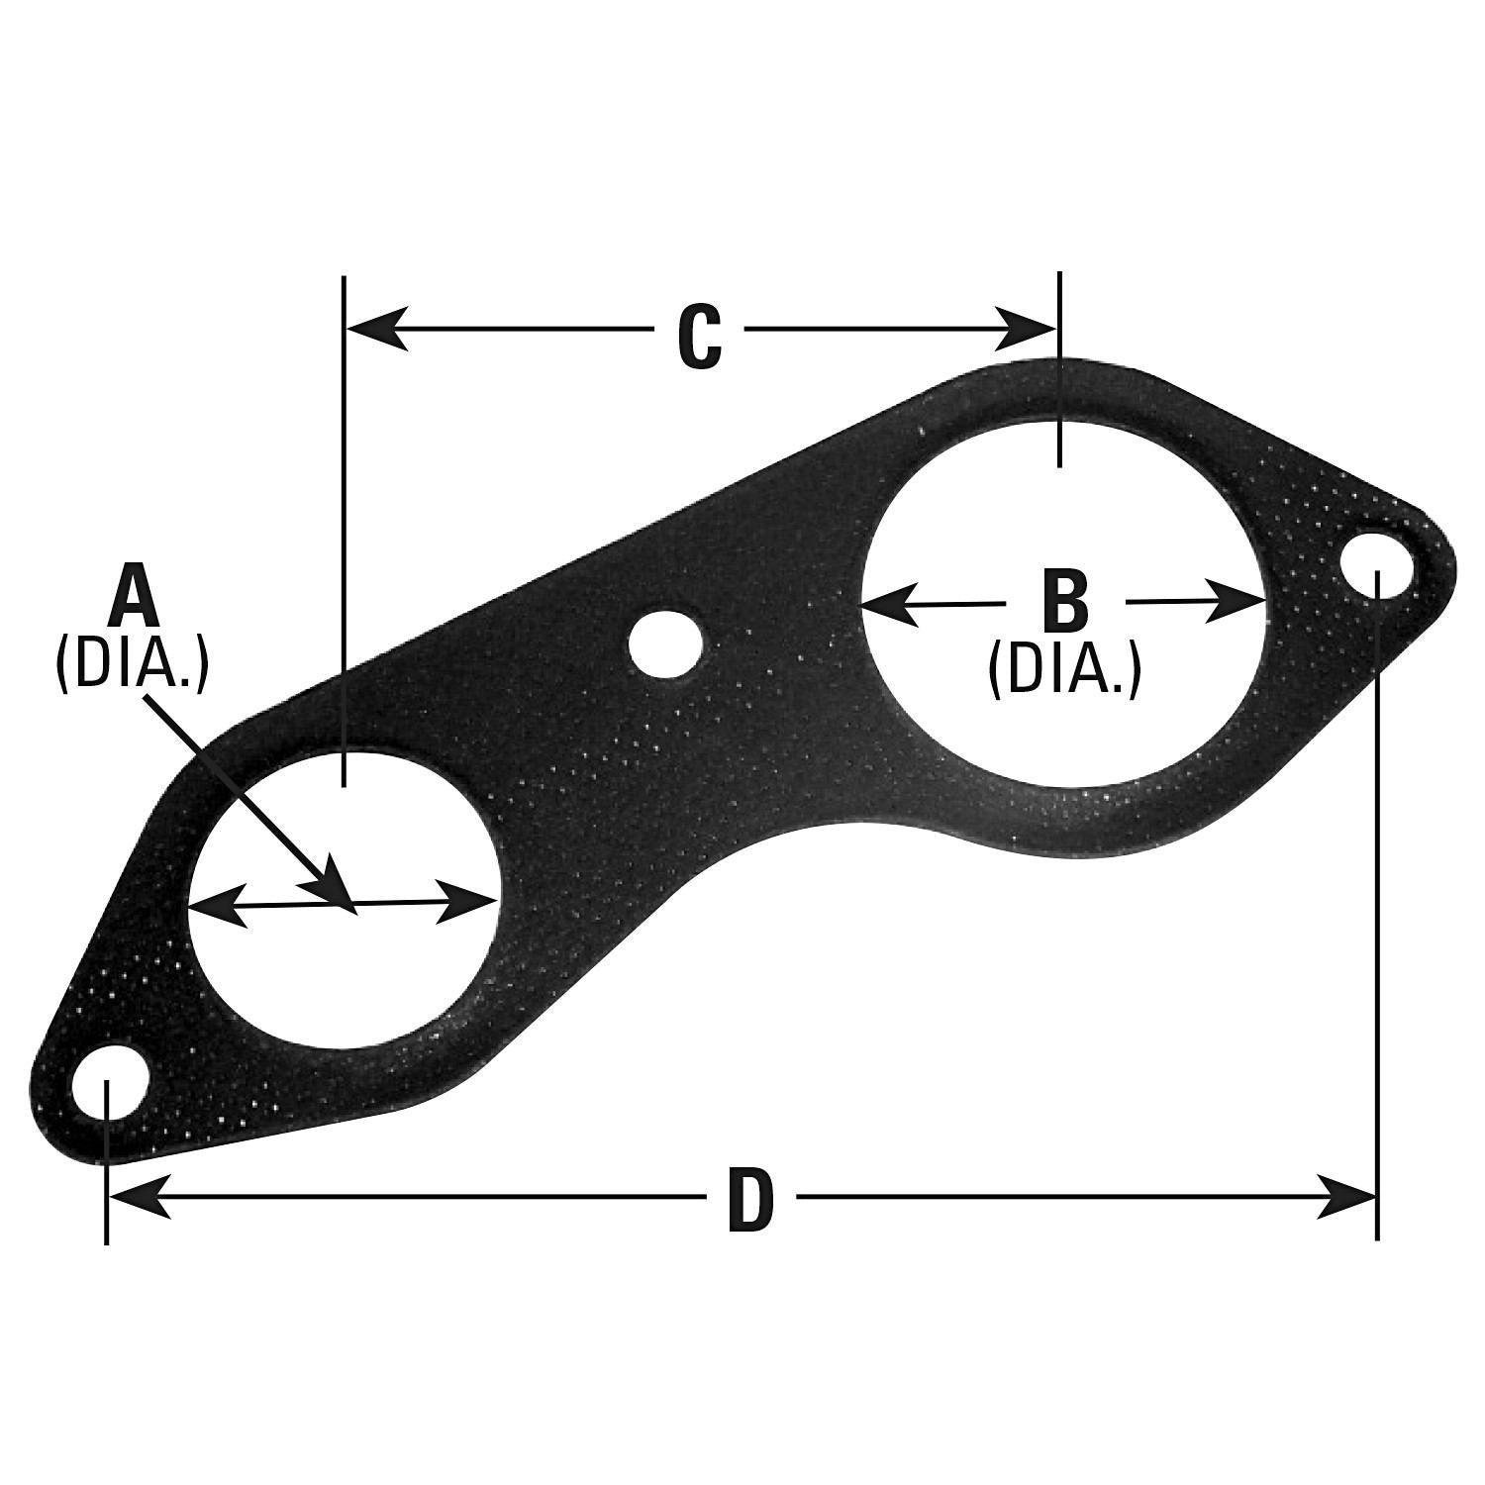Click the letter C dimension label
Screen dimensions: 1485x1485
tap(699, 339)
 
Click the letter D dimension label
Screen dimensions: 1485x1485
tap(749, 1202)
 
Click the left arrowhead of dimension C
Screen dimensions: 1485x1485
tap(376, 328)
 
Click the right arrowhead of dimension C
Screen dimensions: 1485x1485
tap(1026, 328)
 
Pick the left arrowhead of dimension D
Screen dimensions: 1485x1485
tap(139, 1196)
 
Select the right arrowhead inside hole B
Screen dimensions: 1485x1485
tap(1237, 601)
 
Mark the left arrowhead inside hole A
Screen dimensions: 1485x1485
tap(216, 905)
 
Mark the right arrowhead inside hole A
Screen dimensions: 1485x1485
tap(465, 900)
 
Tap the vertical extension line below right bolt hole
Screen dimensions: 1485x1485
tap(1376, 891)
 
